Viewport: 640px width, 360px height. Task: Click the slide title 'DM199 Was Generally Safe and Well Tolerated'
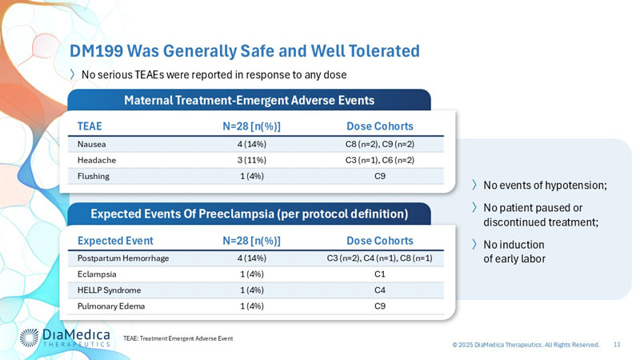pyautogui.click(x=244, y=51)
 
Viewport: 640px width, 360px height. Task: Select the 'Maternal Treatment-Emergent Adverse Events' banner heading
pyautogui.click(x=249, y=100)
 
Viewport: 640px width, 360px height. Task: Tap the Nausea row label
pyautogui.click(x=91, y=145)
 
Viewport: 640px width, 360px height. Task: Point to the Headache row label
pyautogui.click(x=95, y=160)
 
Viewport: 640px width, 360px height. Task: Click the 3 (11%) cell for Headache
pyautogui.click(x=251, y=160)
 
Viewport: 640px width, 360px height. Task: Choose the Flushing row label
pyautogui.click(x=94, y=176)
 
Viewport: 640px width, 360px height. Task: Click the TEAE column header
pyautogui.click(x=90, y=126)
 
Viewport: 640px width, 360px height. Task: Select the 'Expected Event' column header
pyautogui.click(x=115, y=241)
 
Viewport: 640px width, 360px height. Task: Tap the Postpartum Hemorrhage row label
pyautogui.click(x=122, y=258)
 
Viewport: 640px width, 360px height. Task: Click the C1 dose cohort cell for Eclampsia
pyautogui.click(x=380, y=274)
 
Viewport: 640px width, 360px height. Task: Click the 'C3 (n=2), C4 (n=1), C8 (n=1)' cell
pyautogui.click(x=380, y=258)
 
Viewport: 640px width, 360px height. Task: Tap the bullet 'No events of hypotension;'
pyautogui.click(x=544, y=186)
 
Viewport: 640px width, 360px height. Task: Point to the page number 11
pyautogui.click(x=617, y=344)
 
